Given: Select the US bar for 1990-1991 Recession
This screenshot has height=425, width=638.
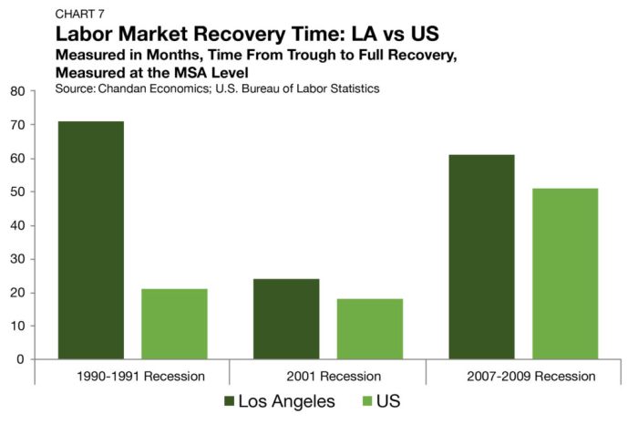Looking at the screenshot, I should [174, 324].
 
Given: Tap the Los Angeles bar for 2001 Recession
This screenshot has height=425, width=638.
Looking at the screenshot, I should [286, 318].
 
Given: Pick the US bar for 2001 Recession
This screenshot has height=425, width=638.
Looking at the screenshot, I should [369, 328].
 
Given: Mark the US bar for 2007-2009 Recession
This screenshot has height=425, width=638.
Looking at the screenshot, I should [565, 274].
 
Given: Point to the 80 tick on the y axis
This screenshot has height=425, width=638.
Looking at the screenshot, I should [17, 91].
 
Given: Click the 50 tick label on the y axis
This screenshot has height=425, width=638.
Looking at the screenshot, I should [17, 192].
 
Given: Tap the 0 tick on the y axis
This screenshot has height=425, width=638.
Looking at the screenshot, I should [21, 359].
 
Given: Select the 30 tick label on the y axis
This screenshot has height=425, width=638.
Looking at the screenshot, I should [17, 259].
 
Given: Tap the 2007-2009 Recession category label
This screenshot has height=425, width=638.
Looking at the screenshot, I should [523, 376].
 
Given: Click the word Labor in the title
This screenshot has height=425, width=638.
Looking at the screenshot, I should [83, 35].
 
